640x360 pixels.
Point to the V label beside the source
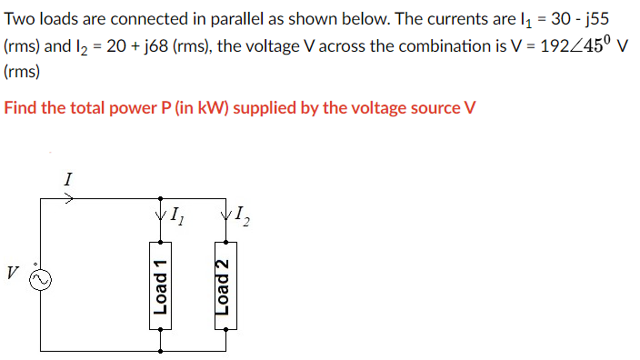12,271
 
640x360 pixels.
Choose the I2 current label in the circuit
241,216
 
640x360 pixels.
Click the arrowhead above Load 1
161,215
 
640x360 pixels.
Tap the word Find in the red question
22,108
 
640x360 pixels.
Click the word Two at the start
20,21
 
